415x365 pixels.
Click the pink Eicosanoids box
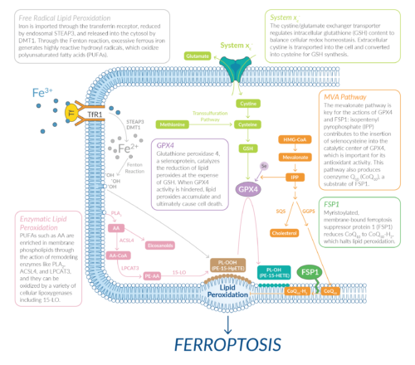pyautogui.click(x=158, y=245)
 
